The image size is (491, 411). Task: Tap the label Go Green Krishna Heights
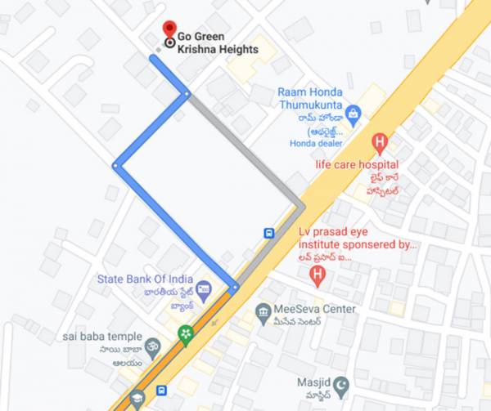pyautogui.click(x=217, y=43)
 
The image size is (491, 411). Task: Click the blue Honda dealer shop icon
pyautogui.click(x=353, y=113)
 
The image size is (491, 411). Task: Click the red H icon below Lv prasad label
pyautogui.click(x=318, y=277)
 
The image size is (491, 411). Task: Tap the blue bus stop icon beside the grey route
pyautogui.click(x=268, y=233)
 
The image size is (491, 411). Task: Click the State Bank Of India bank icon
pyautogui.click(x=203, y=288)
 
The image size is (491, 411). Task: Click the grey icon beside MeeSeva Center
pyautogui.click(x=263, y=310)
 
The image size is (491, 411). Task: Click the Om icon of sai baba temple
pyautogui.click(x=152, y=338)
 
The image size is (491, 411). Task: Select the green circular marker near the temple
pyautogui.click(x=185, y=335)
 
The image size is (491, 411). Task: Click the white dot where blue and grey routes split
pyautogui.click(x=187, y=94)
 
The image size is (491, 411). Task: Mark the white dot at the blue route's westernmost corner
pyautogui.click(x=115, y=166)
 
